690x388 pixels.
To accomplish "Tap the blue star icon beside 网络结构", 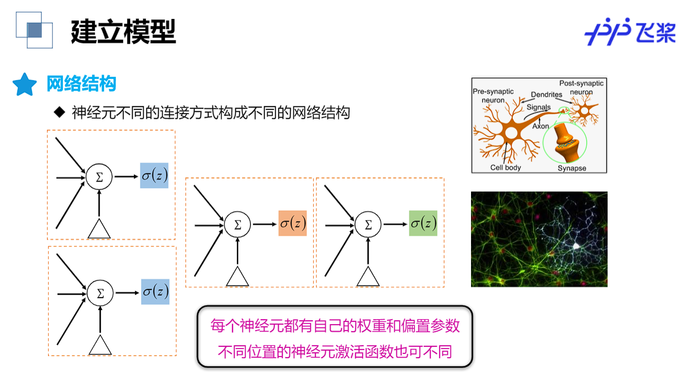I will tap(24, 85).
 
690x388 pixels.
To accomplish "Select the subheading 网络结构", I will tap(81, 85).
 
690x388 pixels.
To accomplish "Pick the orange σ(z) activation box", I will tap(293, 223).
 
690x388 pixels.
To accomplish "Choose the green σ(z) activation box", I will tap(423, 223).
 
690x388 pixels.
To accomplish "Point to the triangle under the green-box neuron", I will tap(368, 276).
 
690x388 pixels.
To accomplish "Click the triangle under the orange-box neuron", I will tap(237, 276).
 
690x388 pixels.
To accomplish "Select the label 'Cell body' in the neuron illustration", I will tap(505, 167).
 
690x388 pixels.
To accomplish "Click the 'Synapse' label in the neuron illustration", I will tap(572, 168).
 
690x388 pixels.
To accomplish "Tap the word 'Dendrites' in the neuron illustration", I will tap(546, 95).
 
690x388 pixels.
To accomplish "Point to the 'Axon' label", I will tap(540, 126).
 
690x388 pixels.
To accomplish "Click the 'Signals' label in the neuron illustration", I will tap(539, 107).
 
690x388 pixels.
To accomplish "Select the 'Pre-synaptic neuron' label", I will tap(493, 96).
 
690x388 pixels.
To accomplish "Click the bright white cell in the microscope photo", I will tap(576, 247).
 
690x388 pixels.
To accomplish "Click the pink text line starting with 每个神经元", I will tap(335, 326).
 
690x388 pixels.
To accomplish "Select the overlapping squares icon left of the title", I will tap(34, 30).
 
